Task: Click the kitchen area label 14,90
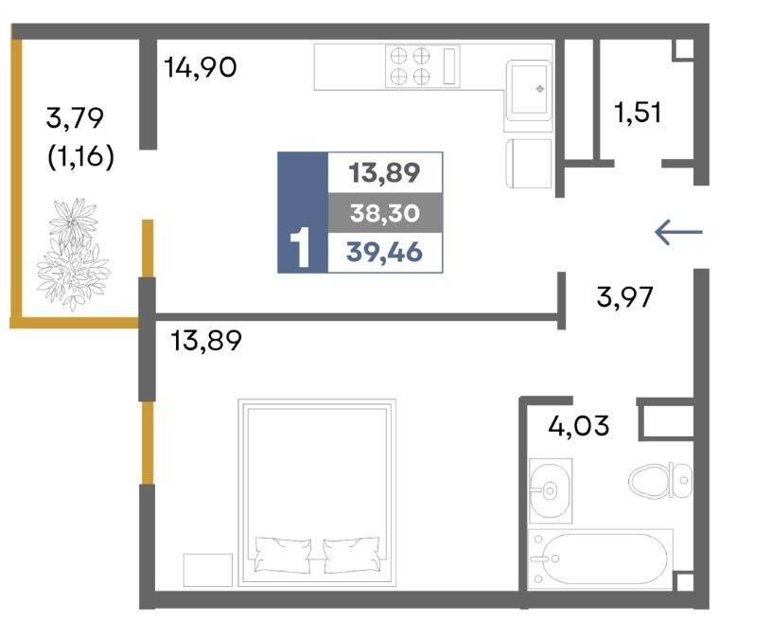201,67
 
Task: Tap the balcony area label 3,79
75,118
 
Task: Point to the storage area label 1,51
638,112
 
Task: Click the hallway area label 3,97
624,297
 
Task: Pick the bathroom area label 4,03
579,425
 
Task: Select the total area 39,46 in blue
384,253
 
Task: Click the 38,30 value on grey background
385,213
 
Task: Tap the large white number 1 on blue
301,248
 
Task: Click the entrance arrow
679,232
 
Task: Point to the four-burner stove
422,66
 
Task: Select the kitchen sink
528,91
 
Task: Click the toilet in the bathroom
660,480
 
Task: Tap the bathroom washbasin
551,490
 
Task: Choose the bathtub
601,559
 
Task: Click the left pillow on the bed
283,555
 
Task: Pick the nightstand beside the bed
207,570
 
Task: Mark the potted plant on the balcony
73,255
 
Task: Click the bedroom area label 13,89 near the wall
206,341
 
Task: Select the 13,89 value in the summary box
384,173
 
